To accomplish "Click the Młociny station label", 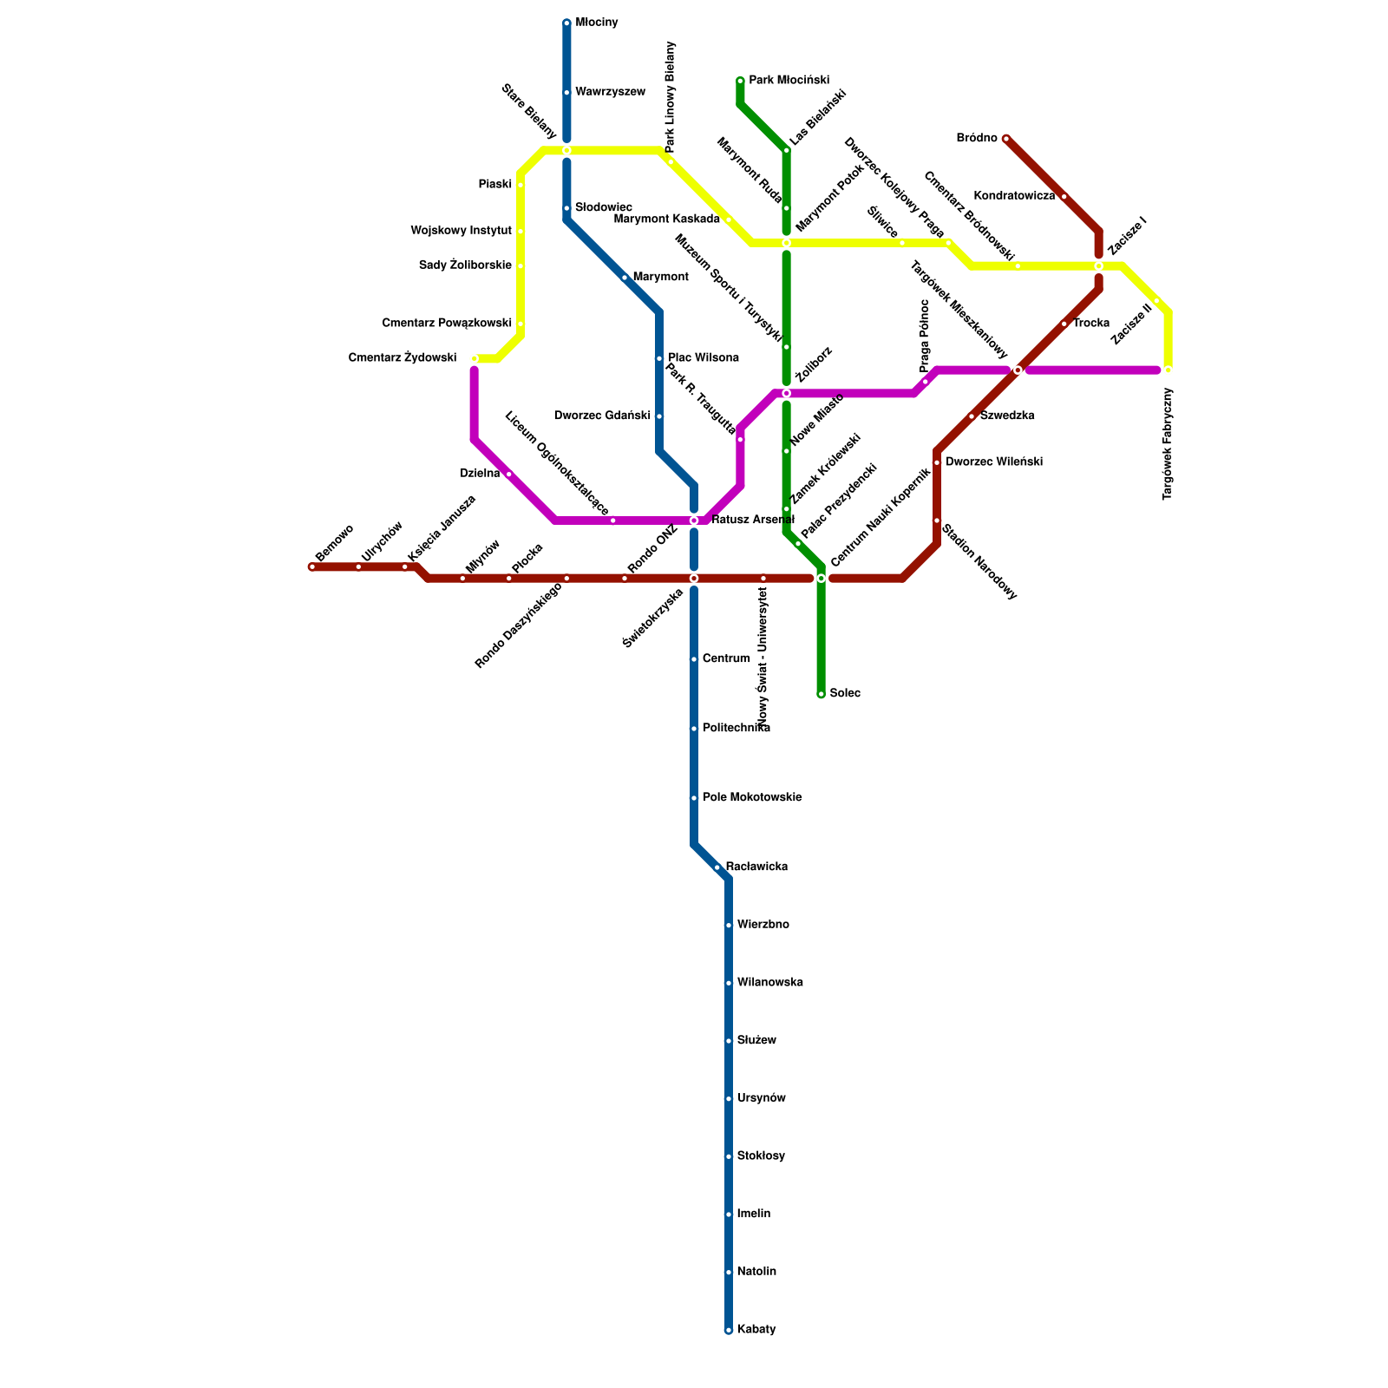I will click(x=596, y=23).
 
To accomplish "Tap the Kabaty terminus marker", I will click(x=729, y=1330).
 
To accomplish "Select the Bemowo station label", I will click(x=334, y=543).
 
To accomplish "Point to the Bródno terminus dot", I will click(x=1006, y=139).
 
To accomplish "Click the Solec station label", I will click(x=845, y=694).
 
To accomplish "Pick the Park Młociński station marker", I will click(x=740, y=81).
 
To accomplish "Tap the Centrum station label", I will click(x=726, y=659).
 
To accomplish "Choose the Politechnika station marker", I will click(x=694, y=729).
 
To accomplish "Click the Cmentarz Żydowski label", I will click(x=402, y=357).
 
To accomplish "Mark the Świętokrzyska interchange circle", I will click(x=694, y=579).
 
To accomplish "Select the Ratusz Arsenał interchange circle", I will click(x=694, y=520).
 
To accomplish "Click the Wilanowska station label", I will click(x=769, y=983).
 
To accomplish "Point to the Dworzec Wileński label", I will click(x=993, y=462).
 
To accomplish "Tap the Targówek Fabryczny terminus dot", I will click(x=1168, y=370).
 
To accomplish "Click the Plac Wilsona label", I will click(x=703, y=358).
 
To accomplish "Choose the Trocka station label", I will click(x=1090, y=324).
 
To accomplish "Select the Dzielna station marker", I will click(x=508, y=475).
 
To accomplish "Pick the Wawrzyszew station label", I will click(x=610, y=92).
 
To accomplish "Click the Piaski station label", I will click(x=494, y=185).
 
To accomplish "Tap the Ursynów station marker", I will click(x=729, y=1099).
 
